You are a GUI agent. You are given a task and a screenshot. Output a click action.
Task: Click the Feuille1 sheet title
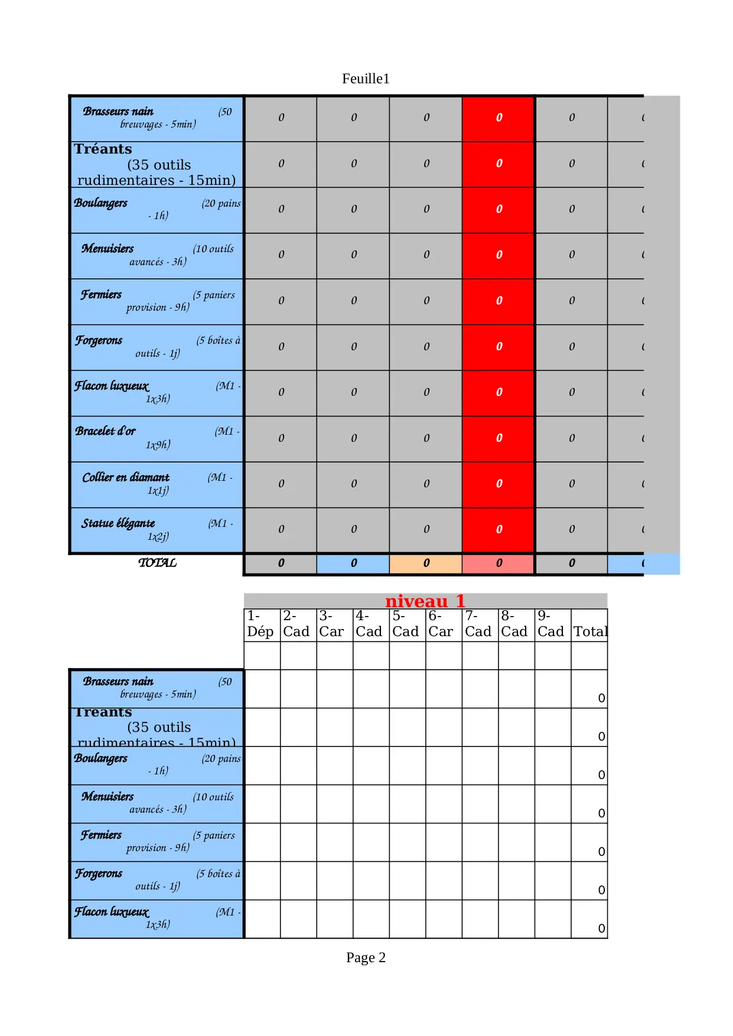(366, 79)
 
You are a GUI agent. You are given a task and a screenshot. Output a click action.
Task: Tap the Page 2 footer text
(366, 957)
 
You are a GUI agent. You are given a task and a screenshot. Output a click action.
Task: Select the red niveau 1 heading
(425, 601)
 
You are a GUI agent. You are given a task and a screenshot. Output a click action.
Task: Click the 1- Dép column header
(260, 624)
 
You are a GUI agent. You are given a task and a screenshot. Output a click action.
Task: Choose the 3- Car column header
(331, 624)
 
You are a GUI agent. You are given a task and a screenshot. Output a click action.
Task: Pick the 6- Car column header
(441, 624)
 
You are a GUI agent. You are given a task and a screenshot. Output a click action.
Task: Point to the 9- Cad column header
(550, 624)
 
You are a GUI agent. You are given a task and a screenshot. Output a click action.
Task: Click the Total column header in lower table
(590, 631)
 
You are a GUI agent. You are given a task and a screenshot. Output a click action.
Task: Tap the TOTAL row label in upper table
(157, 563)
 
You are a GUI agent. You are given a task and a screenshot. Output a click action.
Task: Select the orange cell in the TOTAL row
(426, 563)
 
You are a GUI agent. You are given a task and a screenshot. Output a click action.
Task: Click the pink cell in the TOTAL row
(499, 563)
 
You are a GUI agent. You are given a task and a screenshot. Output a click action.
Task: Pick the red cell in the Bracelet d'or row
(499, 438)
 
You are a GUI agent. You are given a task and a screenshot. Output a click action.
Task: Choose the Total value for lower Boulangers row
(601, 775)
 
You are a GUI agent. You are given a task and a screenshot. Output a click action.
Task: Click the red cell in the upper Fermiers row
(499, 301)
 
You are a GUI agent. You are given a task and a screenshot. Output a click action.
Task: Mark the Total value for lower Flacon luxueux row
(601, 929)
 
